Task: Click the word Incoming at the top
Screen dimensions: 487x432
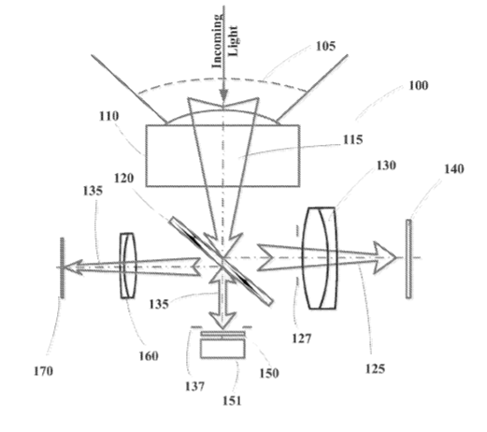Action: tap(217, 40)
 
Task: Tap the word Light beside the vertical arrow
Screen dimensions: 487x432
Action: tap(233, 41)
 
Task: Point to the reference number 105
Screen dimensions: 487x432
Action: tap(326, 46)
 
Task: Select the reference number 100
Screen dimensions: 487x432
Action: tap(419, 85)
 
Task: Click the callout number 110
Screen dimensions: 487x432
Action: tap(109, 116)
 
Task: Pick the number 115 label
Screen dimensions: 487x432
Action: tap(353, 139)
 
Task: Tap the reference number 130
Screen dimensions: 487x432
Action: tap(386, 166)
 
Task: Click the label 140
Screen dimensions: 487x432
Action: tap(454, 169)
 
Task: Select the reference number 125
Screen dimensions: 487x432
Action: tap(375, 369)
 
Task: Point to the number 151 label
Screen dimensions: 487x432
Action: tap(232, 400)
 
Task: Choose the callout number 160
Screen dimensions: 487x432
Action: tap(149, 356)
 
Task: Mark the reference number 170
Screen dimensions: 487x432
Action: tap(43, 371)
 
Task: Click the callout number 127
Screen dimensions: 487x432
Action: tap(302, 338)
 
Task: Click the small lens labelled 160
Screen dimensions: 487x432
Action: tap(128, 266)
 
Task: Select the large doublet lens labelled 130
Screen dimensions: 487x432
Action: tap(320, 258)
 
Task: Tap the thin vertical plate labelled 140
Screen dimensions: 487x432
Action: tap(408, 259)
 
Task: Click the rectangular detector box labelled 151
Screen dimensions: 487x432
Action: tap(222, 349)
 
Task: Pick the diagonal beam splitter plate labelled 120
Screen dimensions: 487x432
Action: tap(222, 261)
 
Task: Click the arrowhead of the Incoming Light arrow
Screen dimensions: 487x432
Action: tap(223, 95)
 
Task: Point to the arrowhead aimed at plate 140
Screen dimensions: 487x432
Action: tap(385, 258)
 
